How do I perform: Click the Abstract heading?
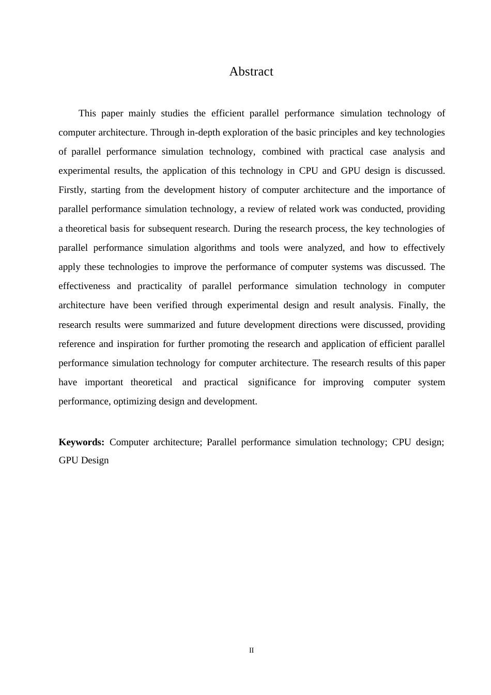click(251, 71)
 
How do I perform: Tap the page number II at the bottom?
click(252, 650)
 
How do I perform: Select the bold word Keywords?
click(82, 442)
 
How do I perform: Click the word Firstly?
click(72, 190)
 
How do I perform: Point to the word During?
click(248, 229)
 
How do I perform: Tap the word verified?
click(172, 305)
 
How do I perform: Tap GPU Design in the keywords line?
click(84, 460)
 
